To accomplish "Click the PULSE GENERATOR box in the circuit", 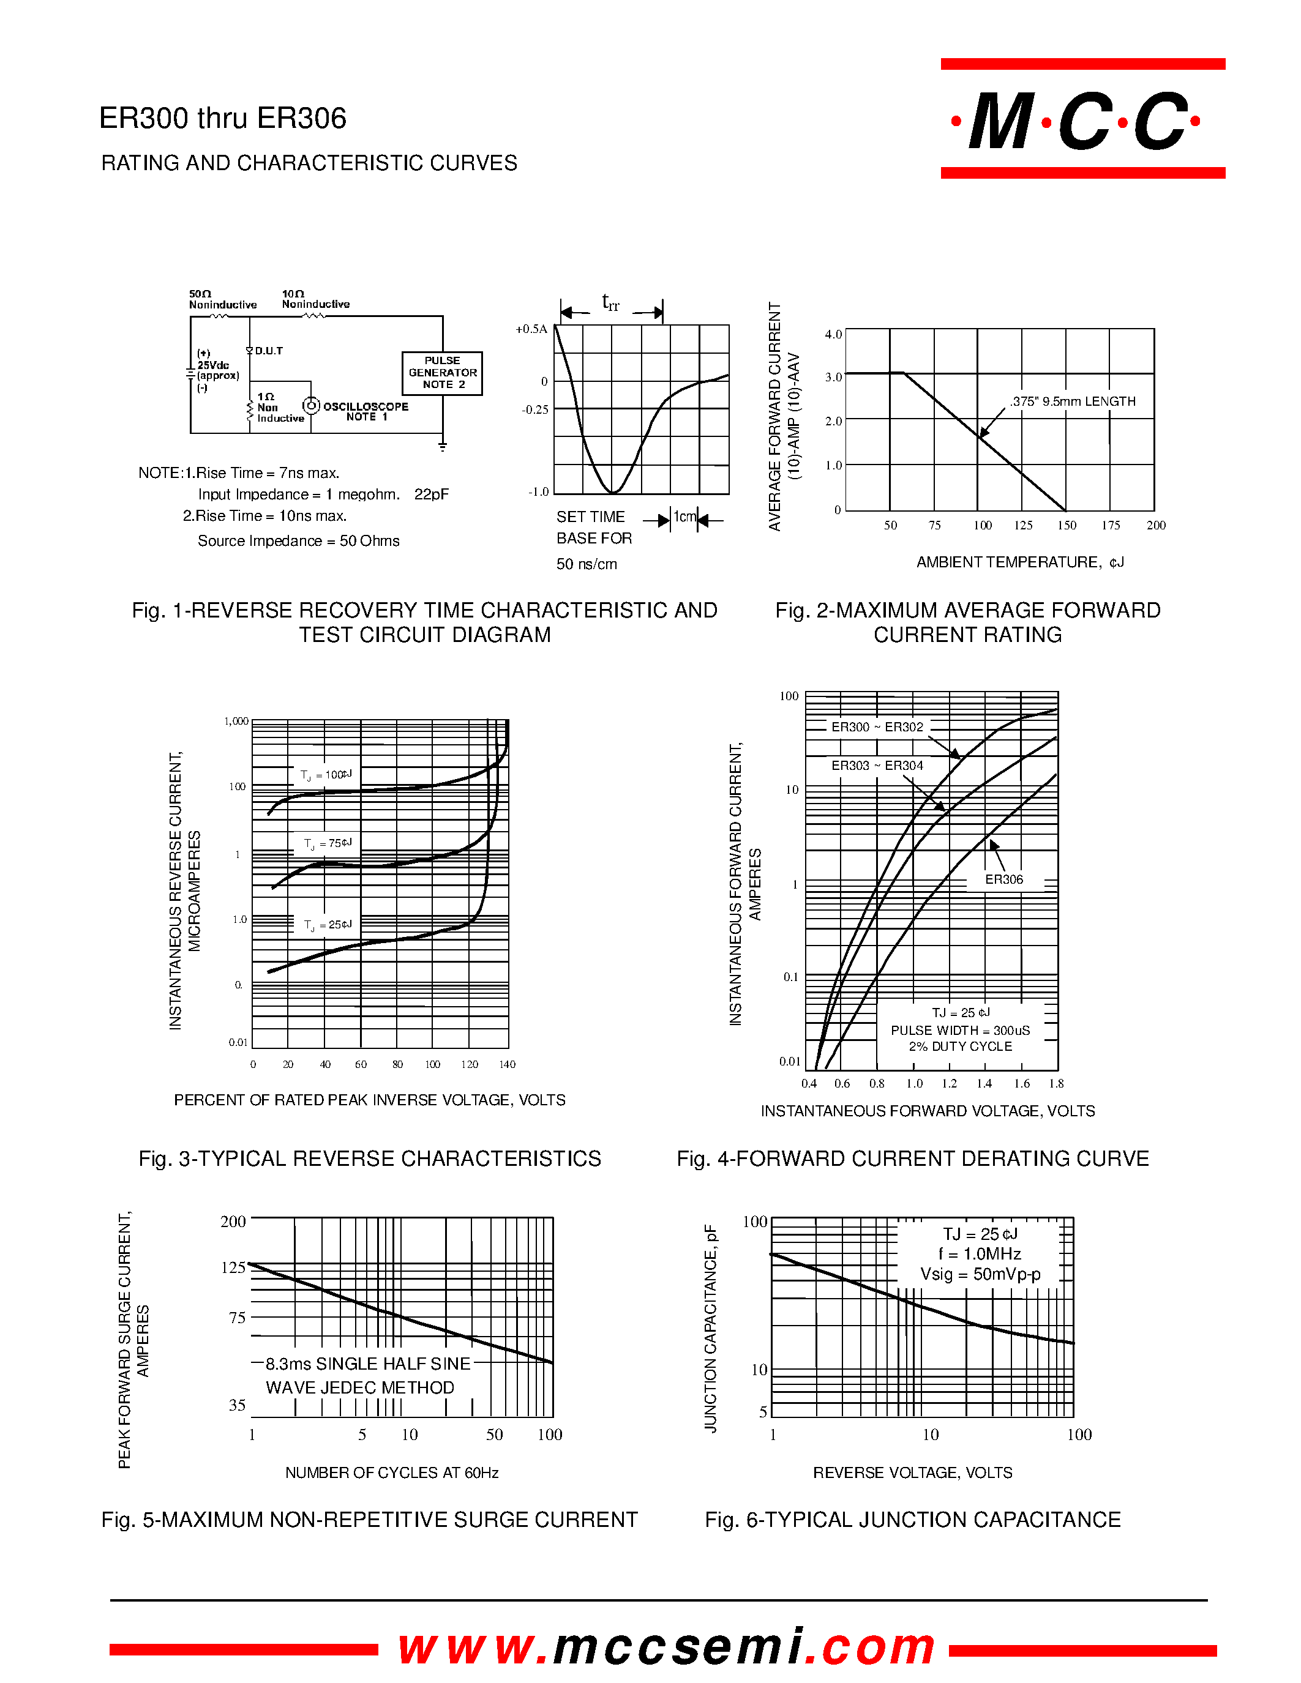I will coord(443,373).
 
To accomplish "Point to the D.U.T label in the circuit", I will coord(268,351).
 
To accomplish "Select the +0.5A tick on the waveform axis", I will coord(531,329).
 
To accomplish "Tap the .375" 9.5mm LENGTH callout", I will coord(1072,401).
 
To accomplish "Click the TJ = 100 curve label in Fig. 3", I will coord(326,774).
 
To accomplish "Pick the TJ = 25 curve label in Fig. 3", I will coord(328,924).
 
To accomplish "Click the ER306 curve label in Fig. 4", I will coord(1003,879).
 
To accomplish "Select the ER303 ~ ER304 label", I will coord(877,765).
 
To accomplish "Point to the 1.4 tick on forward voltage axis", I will coord(984,1083).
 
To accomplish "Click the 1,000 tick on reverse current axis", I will coord(236,722).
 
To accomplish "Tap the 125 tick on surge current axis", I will coord(233,1267).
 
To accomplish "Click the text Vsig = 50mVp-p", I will coord(980,1275).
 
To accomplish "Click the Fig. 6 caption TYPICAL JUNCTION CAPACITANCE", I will coord(913,1520).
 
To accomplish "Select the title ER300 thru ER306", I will coord(223,118).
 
